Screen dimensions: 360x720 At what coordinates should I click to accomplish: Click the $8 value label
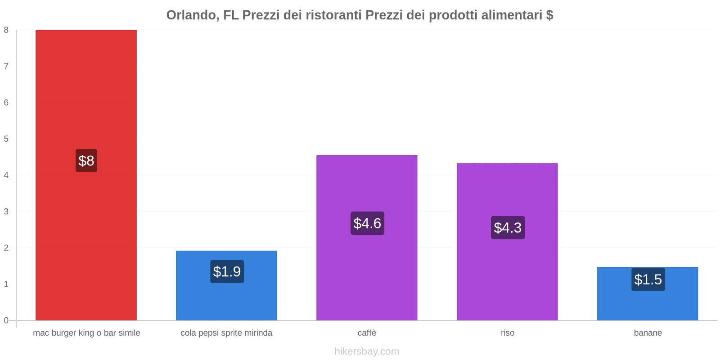pos(86,161)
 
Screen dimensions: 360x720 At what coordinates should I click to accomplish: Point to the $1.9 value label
pos(227,271)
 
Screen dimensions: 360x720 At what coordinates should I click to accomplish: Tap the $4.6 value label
pos(367,223)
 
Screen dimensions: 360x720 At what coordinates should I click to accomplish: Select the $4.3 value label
pos(508,227)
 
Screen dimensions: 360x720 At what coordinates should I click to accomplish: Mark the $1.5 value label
pos(648,279)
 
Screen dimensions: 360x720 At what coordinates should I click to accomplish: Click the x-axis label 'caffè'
pos(367,333)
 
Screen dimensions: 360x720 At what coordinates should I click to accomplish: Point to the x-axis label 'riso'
pos(507,333)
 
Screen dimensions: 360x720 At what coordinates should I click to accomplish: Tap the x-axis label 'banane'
pos(648,333)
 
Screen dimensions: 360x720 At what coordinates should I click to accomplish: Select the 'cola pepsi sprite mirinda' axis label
pos(226,333)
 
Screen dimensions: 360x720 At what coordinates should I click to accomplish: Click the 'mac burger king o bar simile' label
pos(86,333)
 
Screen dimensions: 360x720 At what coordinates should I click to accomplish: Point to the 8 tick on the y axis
pos(6,30)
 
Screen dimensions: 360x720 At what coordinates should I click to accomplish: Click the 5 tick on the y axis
pos(6,139)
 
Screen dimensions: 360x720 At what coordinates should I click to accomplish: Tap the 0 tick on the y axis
pos(6,320)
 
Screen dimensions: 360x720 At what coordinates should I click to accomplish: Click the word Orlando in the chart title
pos(191,15)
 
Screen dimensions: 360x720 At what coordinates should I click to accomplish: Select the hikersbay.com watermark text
pos(367,351)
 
